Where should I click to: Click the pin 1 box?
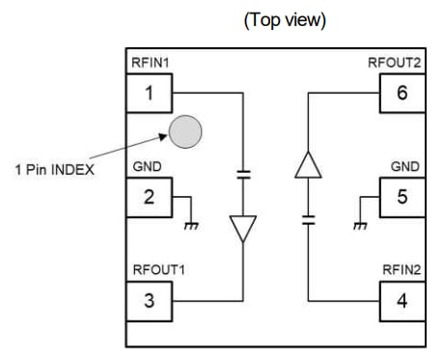(x=149, y=94)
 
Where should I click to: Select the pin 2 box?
(x=149, y=197)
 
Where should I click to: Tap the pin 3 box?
(x=149, y=299)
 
